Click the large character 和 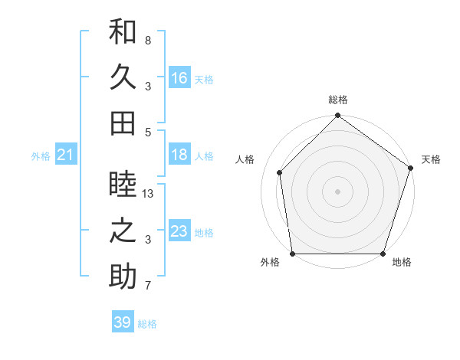pyautogui.click(x=123, y=32)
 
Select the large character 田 pyautogui.click(x=123, y=123)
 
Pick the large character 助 pyautogui.click(x=123, y=277)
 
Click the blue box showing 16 pyautogui.click(x=179, y=78)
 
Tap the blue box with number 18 pyautogui.click(x=179, y=155)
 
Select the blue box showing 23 pyautogui.click(x=179, y=231)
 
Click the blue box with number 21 pyautogui.click(x=66, y=155)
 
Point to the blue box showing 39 pyautogui.click(x=123, y=322)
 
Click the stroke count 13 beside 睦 pyautogui.click(x=149, y=195)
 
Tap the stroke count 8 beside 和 pyautogui.click(x=147, y=40)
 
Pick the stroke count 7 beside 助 pyautogui.click(x=147, y=286)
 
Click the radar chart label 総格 pyautogui.click(x=338, y=100)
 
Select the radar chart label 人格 pyautogui.click(x=245, y=159)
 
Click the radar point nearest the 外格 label pyautogui.click(x=293, y=254)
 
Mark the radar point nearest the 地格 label pyautogui.click(x=383, y=254)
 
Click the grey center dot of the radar pyautogui.click(x=338, y=191)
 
